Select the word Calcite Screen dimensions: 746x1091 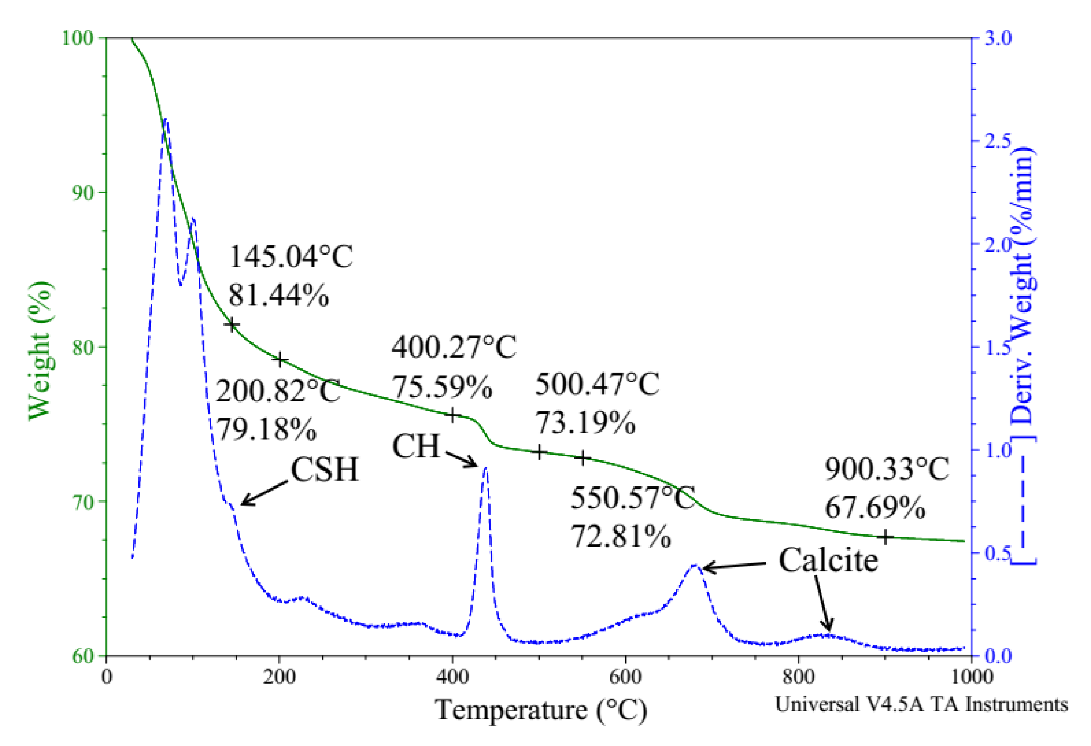pos(828,560)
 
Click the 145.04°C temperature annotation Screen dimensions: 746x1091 pos(291,257)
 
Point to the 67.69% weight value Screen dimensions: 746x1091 pos(875,507)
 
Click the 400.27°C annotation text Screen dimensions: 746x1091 pos(453,347)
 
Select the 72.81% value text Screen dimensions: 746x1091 pos(621,536)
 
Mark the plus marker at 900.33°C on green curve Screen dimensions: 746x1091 pos(885,537)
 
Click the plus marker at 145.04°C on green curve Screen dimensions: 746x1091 pos(232,324)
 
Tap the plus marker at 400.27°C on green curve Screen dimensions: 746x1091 pos(453,415)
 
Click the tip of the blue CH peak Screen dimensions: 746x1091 pos(486,468)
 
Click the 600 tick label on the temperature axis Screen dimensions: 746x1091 pos(625,677)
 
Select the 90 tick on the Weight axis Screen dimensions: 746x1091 pos(83,192)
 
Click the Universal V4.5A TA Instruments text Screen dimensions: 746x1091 pos(921,704)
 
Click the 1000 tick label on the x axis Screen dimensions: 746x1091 pos(971,677)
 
